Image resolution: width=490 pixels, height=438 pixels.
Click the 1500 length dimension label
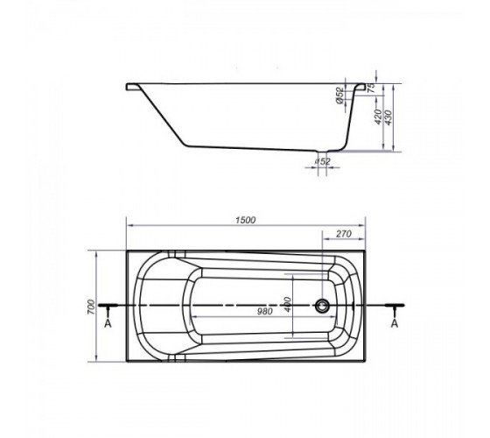[245, 220]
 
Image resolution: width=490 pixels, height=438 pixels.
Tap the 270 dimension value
[343, 234]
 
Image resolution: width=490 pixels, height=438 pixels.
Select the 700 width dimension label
[91, 307]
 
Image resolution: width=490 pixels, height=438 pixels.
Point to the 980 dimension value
[264, 311]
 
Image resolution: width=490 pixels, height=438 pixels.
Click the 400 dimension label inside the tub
[288, 304]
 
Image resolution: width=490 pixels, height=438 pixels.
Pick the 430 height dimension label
[388, 117]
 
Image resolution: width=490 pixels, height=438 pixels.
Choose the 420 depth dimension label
[378, 117]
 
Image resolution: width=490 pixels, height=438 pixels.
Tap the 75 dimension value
[371, 88]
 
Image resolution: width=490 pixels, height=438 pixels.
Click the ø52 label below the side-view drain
[323, 161]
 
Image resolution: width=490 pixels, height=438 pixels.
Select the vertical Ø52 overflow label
[339, 95]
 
